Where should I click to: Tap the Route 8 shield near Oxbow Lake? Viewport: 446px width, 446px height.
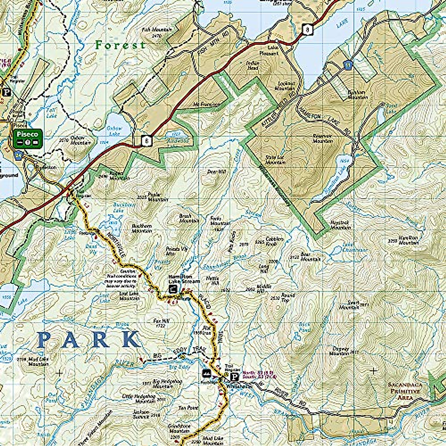148,140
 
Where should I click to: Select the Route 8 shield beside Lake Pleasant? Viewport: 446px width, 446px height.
307,29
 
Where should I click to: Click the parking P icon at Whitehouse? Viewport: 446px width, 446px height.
235,377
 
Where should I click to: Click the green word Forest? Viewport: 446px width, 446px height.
120,45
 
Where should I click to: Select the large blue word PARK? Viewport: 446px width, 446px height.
89,340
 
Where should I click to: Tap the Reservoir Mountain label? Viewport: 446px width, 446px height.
322,138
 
